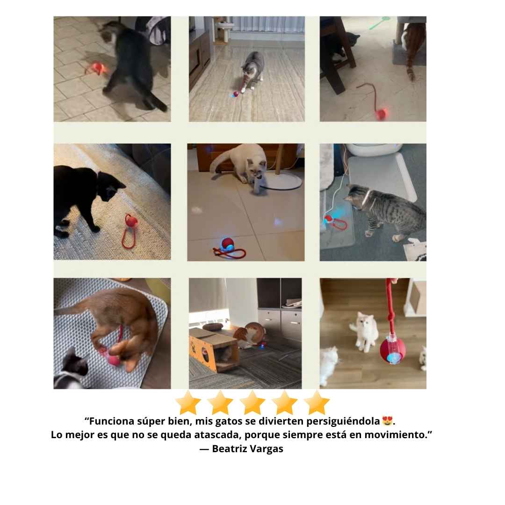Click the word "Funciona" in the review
109,421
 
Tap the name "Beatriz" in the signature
229,448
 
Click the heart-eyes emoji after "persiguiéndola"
387,421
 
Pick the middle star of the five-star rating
252,403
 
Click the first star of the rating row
188,403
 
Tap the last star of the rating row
317,403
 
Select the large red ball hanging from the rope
392,350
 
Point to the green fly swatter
379,23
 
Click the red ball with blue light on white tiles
227,245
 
